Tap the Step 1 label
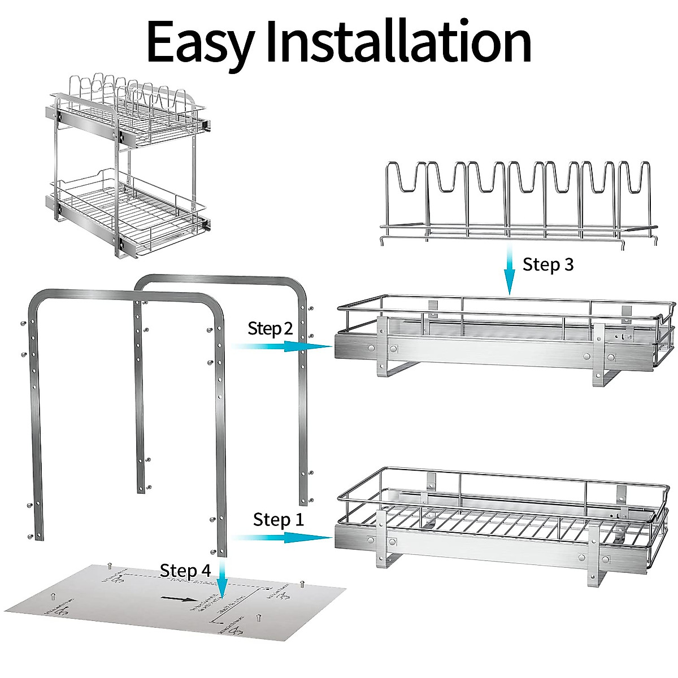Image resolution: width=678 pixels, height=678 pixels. (278, 519)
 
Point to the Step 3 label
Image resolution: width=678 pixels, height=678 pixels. (547, 264)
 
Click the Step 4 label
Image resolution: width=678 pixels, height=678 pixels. (185, 570)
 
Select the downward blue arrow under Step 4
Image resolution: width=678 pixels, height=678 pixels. (223, 585)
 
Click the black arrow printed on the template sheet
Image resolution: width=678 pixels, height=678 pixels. (176, 600)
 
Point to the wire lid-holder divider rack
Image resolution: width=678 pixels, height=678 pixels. (519, 203)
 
